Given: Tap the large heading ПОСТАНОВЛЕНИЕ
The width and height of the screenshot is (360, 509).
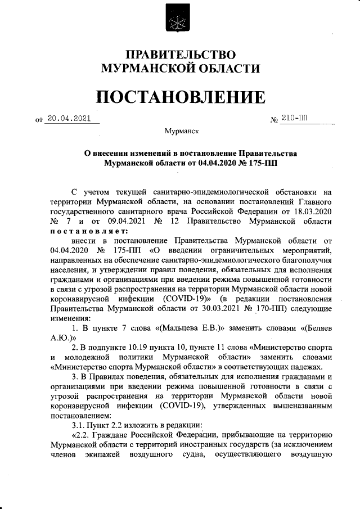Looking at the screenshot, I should pyautogui.click(x=179, y=97).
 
